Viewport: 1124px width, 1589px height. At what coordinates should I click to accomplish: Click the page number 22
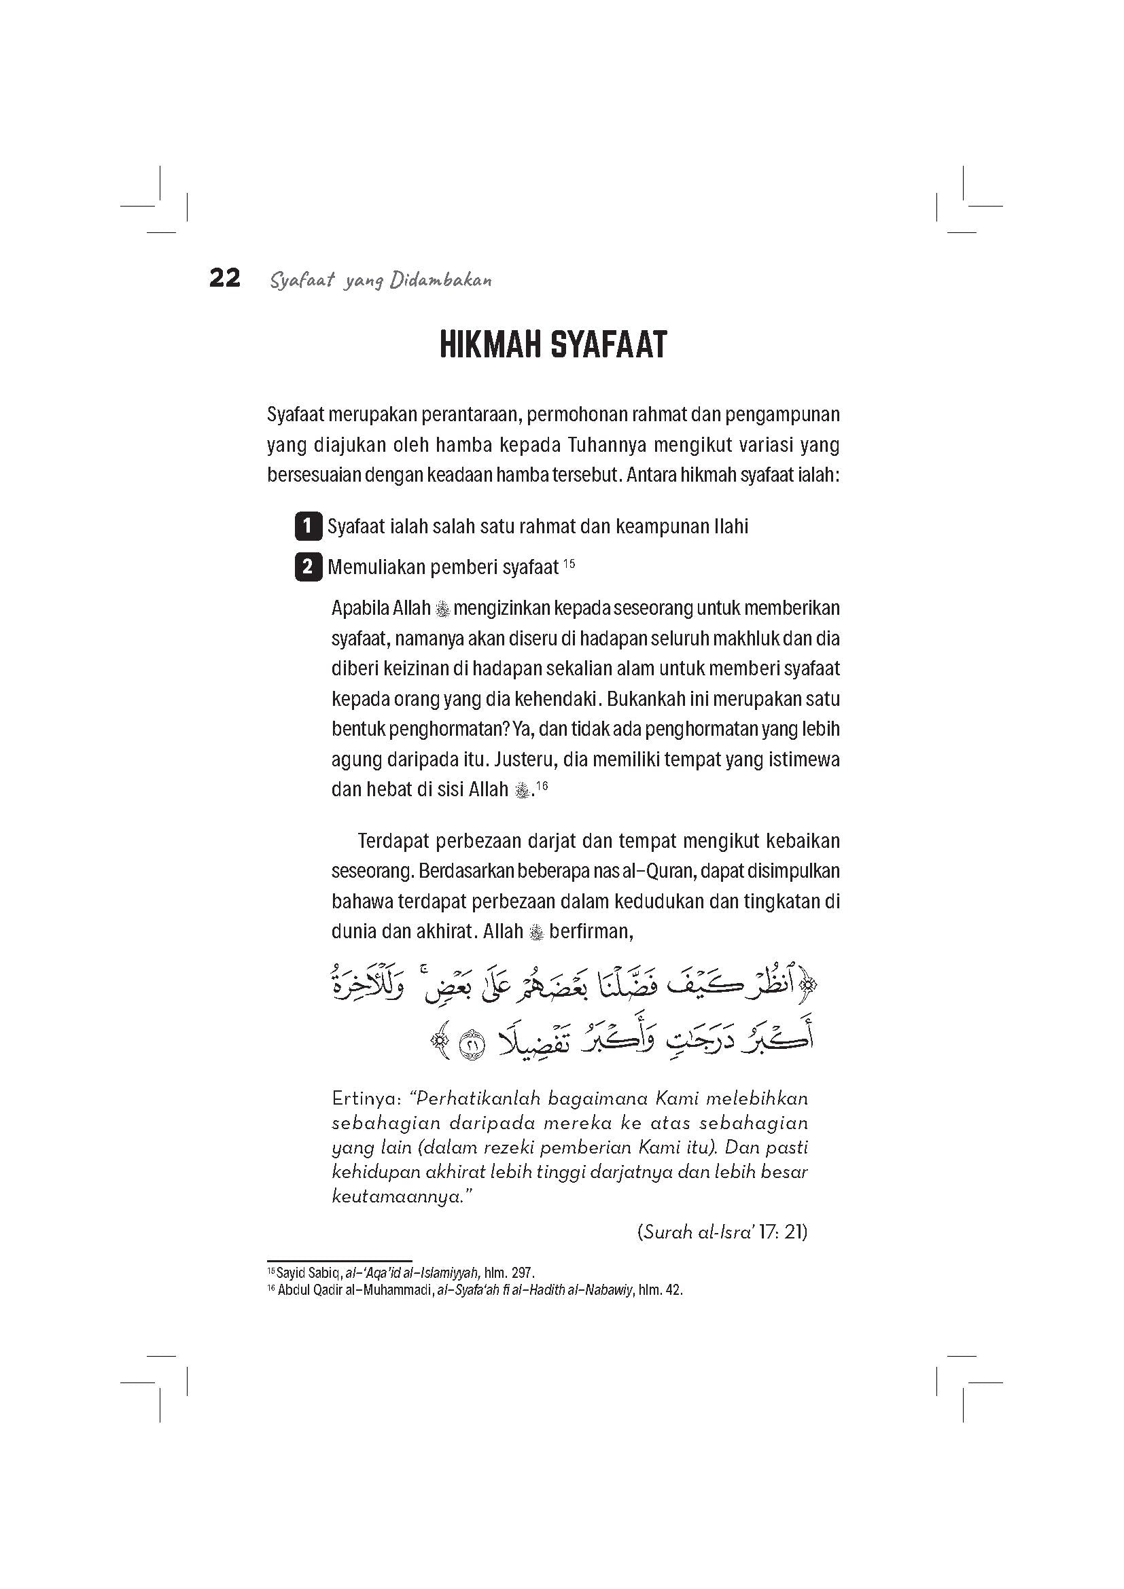[x=225, y=279]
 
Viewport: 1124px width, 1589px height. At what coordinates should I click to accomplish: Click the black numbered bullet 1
[x=308, y=526]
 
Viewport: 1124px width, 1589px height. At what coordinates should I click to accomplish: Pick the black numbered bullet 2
[x=308, y=567]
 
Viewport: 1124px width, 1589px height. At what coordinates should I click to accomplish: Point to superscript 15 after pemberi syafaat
[x=569, y=564]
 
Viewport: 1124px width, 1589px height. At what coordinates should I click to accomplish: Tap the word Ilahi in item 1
[x=729, y=527]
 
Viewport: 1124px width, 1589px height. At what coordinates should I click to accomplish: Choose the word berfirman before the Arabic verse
[x=592, y=931]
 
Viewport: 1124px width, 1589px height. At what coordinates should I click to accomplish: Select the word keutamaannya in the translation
[x=397, y=1196]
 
